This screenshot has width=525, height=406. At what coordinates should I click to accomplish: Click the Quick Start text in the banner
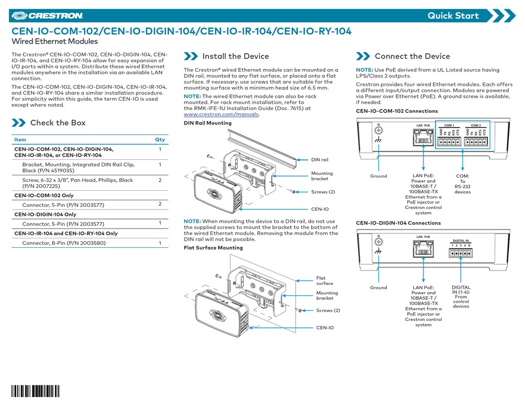click(x=453, y=15)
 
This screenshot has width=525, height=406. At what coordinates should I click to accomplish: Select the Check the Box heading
click(x=57, y=122)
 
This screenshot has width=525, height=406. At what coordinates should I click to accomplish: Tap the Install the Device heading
click(x=235, y=56)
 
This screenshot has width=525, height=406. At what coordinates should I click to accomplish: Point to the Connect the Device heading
click(x=412, y=56)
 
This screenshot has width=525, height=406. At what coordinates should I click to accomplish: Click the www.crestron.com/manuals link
click(x=221, y=114)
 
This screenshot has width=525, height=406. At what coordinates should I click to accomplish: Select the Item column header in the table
click(x=20, y=140)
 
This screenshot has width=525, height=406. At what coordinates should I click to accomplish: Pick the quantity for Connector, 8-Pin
click(x=160, y=243)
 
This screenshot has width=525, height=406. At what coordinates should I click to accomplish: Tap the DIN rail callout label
click(x=320, y=159)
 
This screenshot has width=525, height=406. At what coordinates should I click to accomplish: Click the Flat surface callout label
click(x=324, y=280)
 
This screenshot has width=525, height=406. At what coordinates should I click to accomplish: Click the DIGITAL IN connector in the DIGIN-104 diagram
click(x=460, y=253)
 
